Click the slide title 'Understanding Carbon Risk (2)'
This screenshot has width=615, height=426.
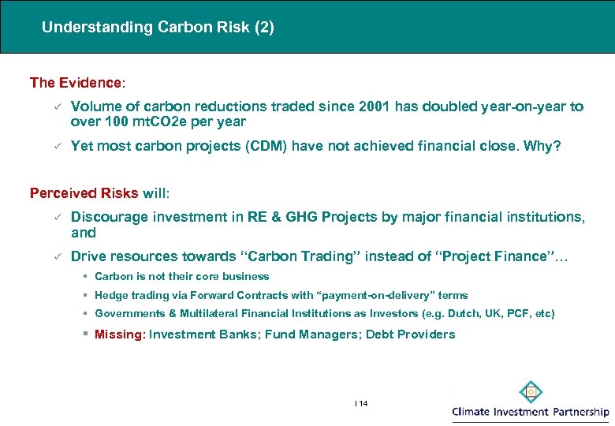(x=158, y=27)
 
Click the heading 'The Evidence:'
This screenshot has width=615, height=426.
(x=76, y=83)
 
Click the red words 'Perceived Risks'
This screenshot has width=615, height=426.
(x=84, y=193)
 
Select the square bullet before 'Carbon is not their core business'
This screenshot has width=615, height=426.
(x=84, y=276)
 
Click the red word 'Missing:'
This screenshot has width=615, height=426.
(x=120, y=334)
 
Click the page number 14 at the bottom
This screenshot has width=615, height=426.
(x=362, y=403)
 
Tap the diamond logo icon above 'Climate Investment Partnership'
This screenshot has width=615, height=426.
(x=531, y=391)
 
